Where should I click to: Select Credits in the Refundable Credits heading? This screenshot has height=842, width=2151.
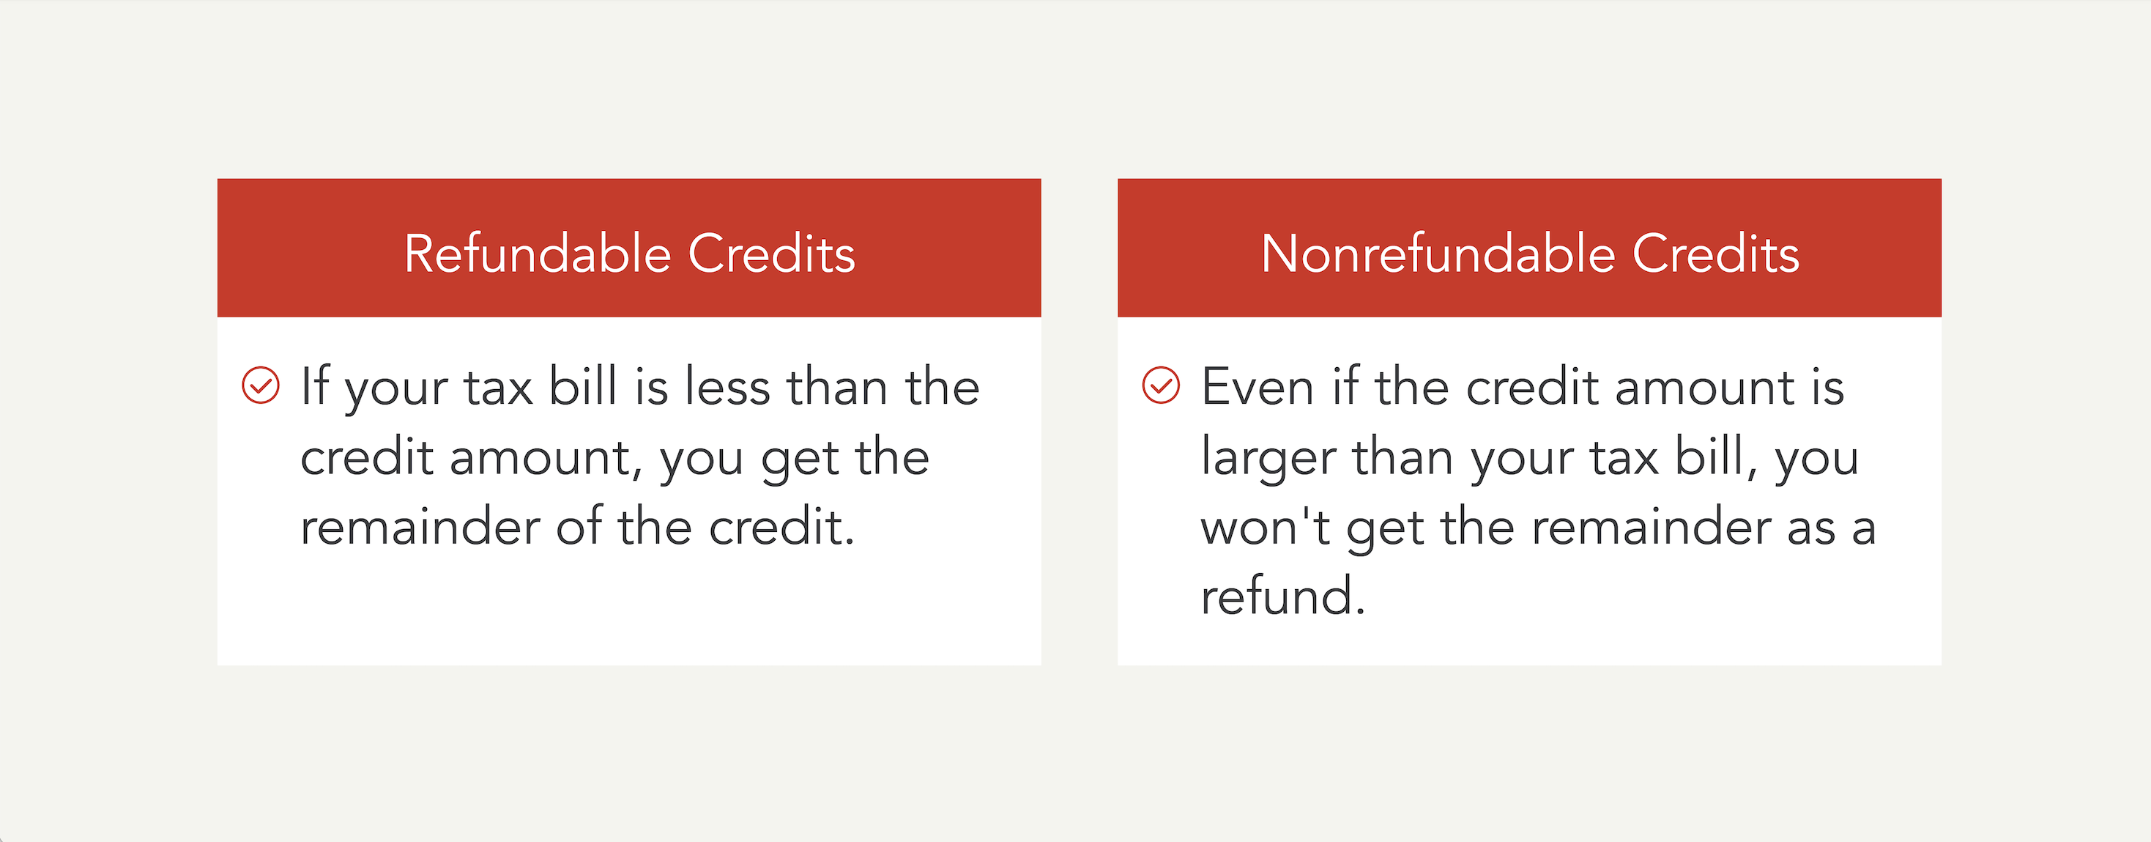tap(771, 254)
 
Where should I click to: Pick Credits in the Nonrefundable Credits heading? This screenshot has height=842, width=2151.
tap(1715, 254)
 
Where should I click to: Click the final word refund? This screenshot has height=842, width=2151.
tap(1277, 597)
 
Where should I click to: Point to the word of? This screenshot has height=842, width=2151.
tap(579, 528)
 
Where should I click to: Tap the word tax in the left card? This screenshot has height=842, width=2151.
tap(499, 388)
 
